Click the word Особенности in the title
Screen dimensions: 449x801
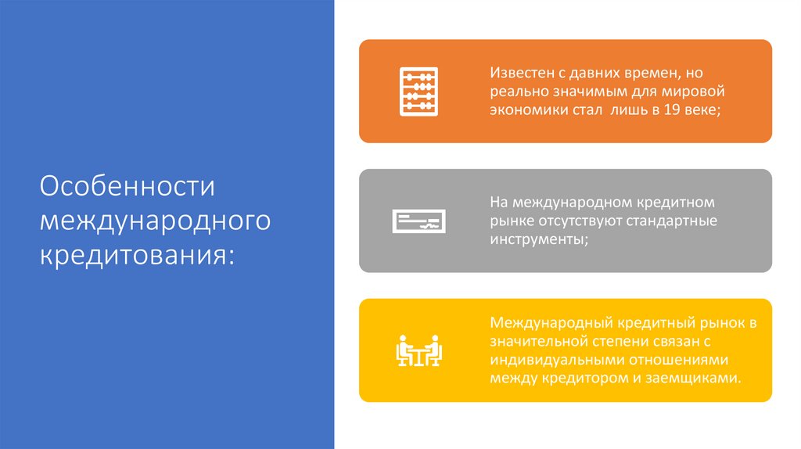pos(128,189)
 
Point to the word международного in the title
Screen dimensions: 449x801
pos(156,221)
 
